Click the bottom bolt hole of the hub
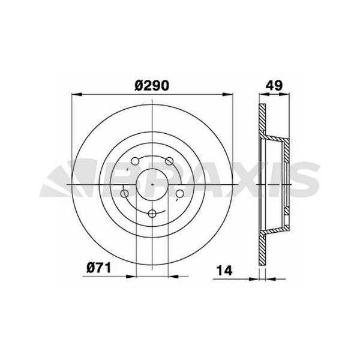(x=152, y=214)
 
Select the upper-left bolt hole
(x=134, y=161)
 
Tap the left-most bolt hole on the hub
(x=124, y=194)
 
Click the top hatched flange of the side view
(x=262, y=121)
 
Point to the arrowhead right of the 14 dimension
(x=269, y=278)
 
